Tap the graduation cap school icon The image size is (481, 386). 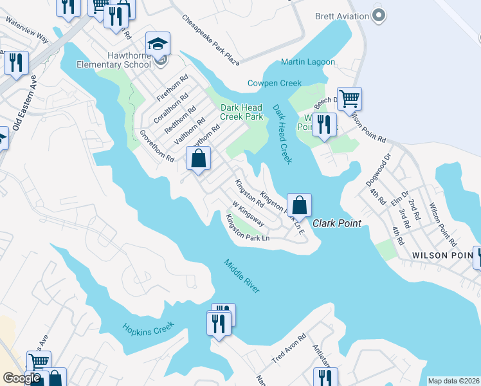[x=158, y=44]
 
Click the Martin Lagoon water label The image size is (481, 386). [x=308, y=62]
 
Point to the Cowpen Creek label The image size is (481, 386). [x=275, y=83]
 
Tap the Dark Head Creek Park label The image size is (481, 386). [x=242, y=112]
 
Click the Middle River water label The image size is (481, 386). [x=242, y=276]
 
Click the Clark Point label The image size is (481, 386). [x=337, y=223]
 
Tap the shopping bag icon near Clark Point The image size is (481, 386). [x=299, y=205]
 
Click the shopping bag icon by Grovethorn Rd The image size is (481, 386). [x=199, y=158]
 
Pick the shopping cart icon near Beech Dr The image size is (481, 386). [x=349, y=99]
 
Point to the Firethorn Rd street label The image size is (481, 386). [x=172, y=89]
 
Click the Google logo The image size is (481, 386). [x=21, y=378]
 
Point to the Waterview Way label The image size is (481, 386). [x=28, y=30]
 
